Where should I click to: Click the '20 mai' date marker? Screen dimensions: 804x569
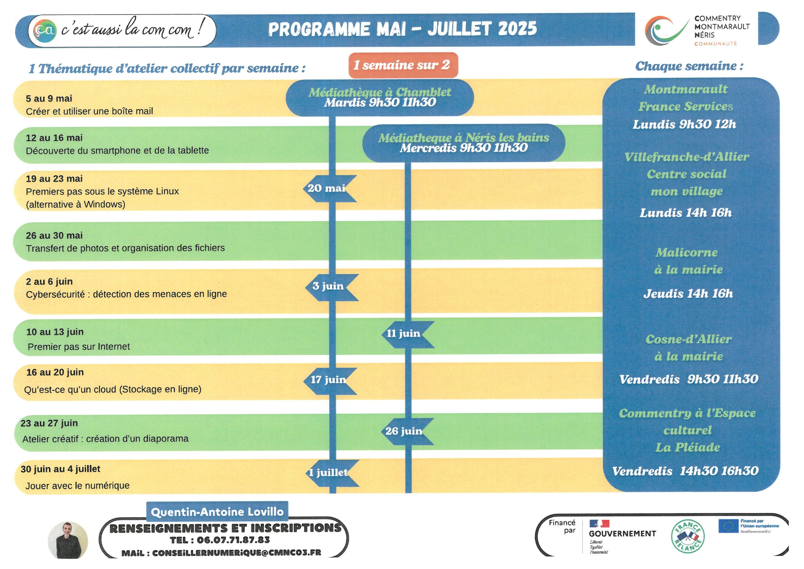[x=329, y=189]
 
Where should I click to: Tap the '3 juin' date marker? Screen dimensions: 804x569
[x=331, y=287]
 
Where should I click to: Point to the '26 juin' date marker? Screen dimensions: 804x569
[x=407, y=432]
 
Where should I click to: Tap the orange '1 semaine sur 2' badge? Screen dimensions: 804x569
[x=403, y=65]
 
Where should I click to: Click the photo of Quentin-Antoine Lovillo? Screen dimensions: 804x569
[x=68, y=540]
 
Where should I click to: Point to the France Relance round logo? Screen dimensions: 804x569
[x=688, y=537]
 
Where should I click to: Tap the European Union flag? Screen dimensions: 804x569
[x=729, y=526]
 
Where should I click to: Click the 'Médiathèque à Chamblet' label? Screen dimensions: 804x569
[x=380, y=92]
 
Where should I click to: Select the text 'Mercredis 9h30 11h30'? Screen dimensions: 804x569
[x=464, y=148]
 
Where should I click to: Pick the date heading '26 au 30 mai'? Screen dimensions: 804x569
[x=54, y=235]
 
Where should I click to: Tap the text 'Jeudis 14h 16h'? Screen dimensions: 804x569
[x=688, y=294]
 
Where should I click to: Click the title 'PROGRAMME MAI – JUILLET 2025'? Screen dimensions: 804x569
[x=402, y=29]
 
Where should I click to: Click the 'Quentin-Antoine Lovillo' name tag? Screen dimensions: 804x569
[x=217, y=512]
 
